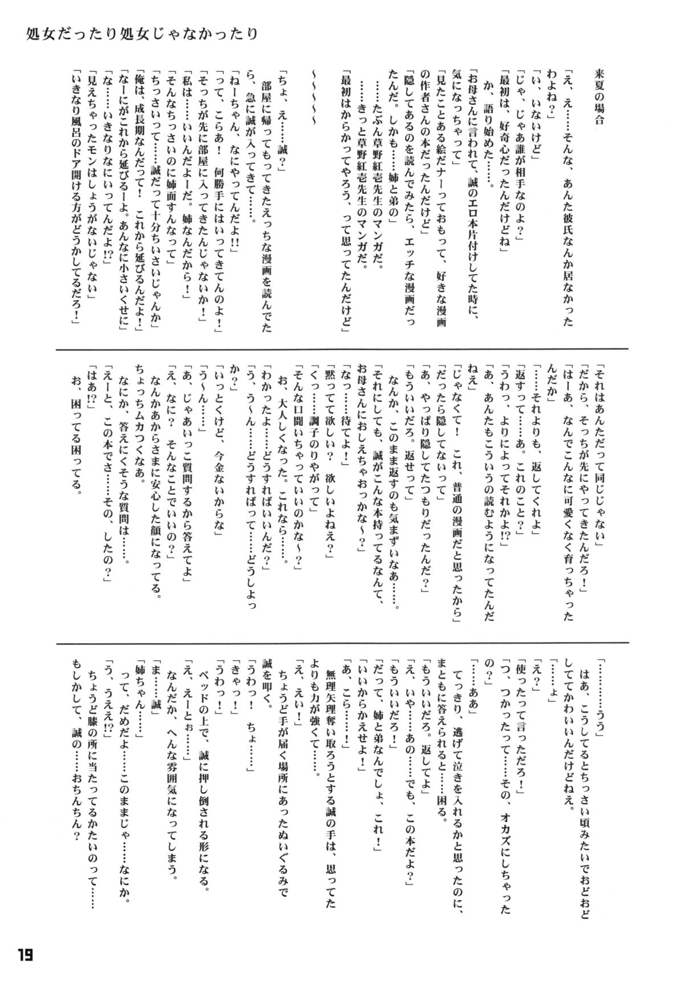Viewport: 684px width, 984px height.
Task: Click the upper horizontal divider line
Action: [x=342, y=349]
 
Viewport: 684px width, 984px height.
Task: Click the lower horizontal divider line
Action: [x=342, y=642]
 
